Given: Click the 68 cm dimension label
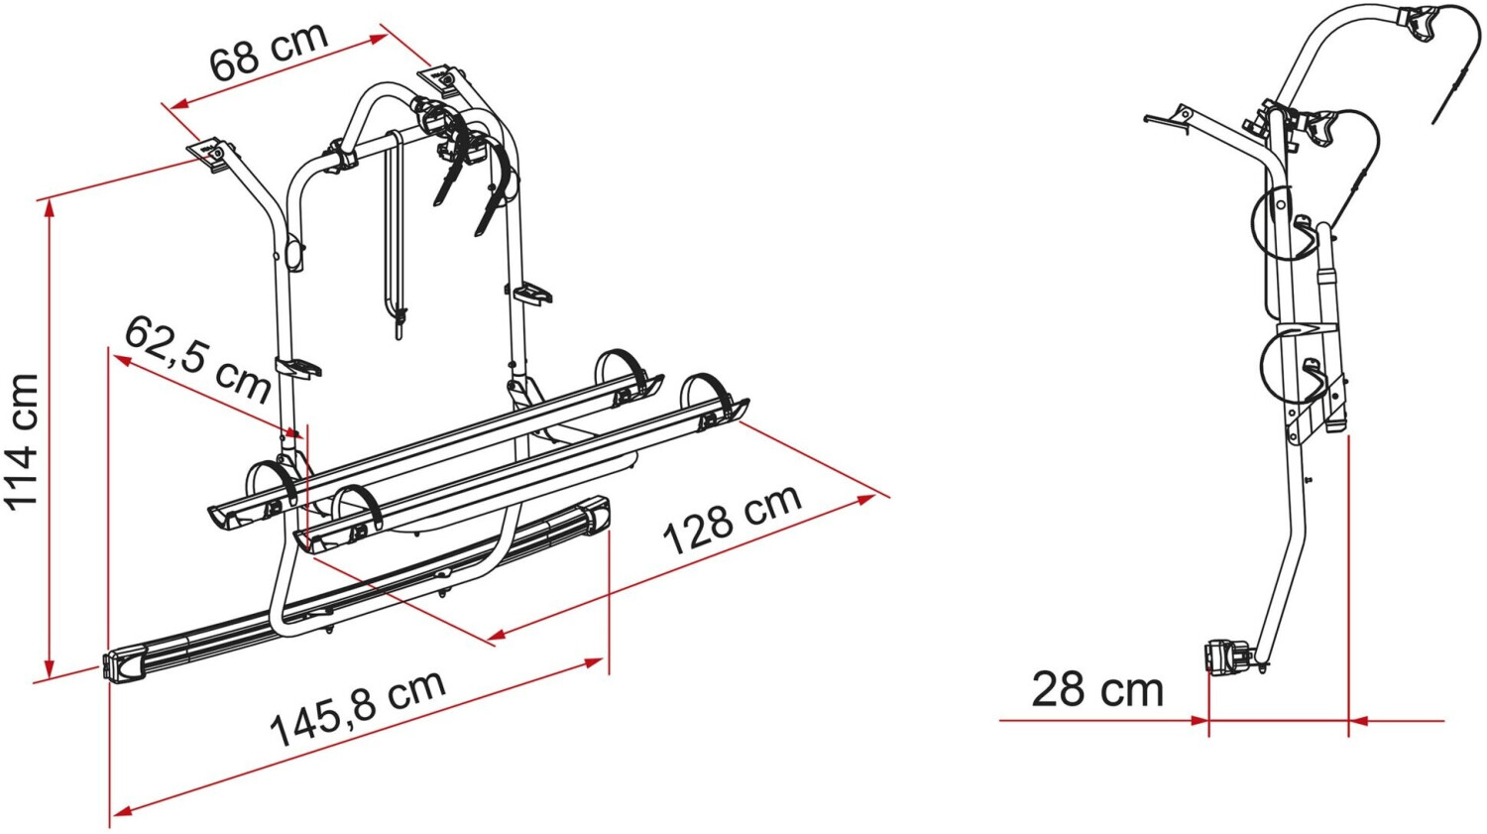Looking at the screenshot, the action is click(269, 50).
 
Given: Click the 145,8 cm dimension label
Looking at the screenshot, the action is click(358, 708).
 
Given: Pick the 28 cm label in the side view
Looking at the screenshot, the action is click(1098, 690).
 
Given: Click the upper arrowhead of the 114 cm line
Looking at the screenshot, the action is click(49, 208).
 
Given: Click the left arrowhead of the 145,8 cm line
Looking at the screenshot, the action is click(120, 811).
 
